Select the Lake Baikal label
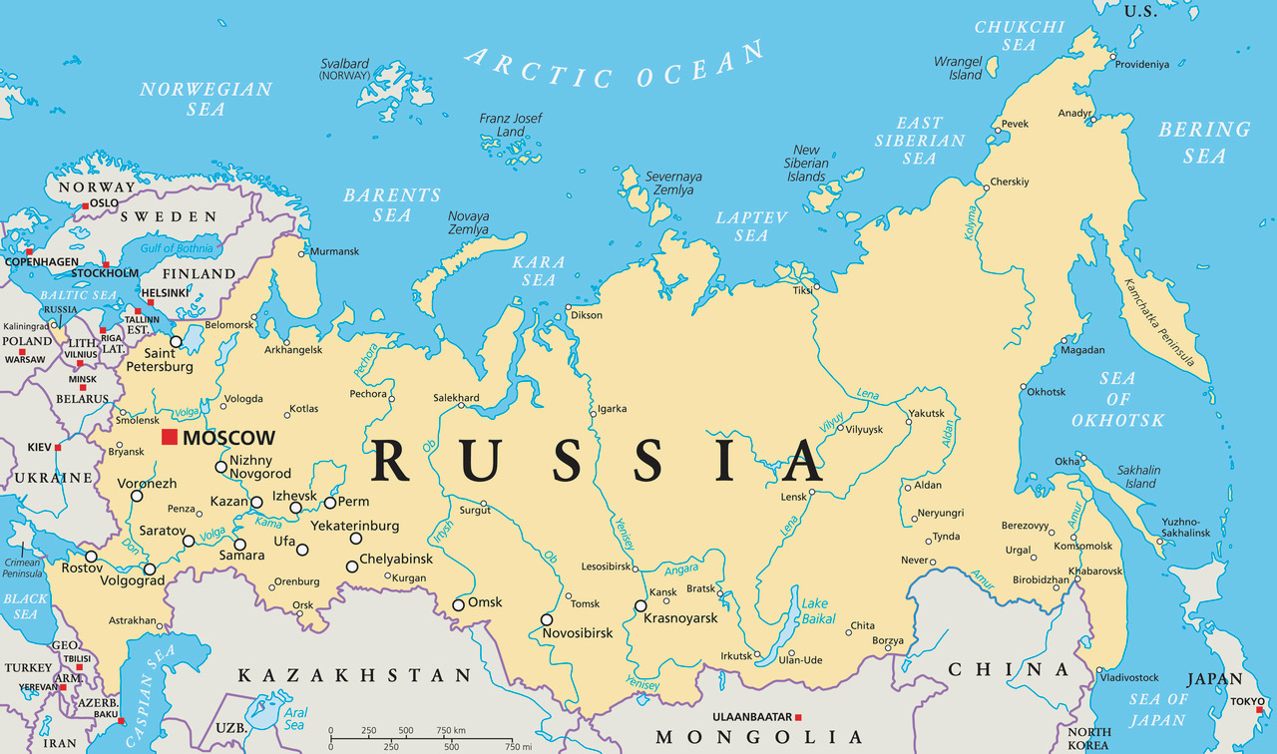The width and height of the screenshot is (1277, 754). click(815, 610)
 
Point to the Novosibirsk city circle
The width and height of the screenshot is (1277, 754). click(547, 619)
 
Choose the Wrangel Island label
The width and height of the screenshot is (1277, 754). click(958, 68)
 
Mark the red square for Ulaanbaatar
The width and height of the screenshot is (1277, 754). click(798, 717)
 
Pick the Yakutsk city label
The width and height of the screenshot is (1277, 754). click(925, 413)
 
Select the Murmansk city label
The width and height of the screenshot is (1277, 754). click(334, 251)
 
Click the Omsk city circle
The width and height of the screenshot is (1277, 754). click(458, 604)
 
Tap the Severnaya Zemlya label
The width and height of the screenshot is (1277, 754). click(673, 184)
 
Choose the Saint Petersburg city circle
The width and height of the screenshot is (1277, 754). click(176, 342)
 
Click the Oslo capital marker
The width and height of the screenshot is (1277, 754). click(86, 203)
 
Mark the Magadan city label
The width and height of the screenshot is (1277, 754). click(1082, 350)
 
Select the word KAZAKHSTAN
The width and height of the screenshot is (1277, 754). click(353, 675)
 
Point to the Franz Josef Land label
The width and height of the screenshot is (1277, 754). click(511, 125)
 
